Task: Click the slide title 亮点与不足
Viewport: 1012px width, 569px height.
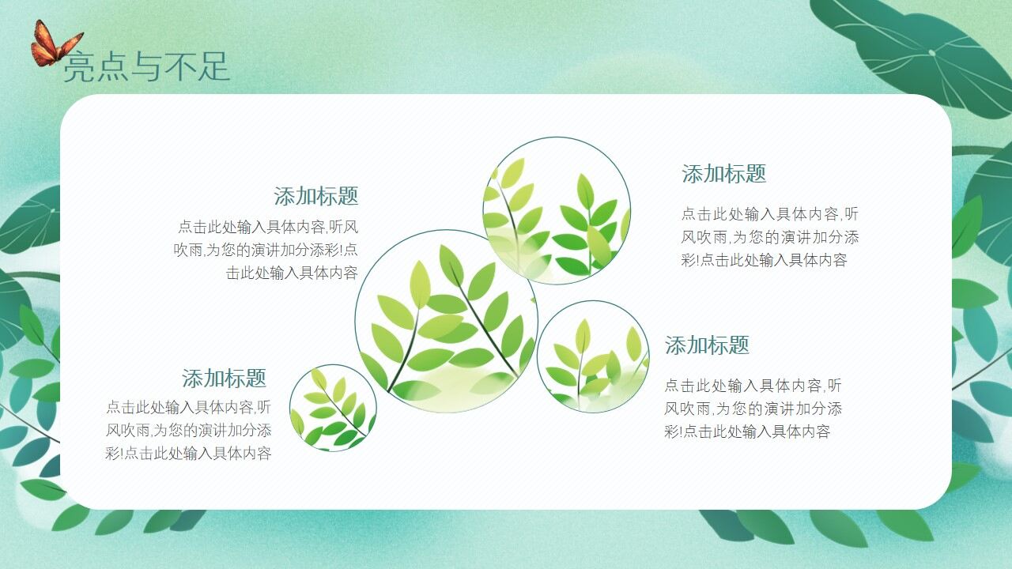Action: point(146,66)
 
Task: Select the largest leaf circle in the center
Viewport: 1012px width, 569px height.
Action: point(446,321)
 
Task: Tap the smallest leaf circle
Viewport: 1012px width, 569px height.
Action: point(333,408)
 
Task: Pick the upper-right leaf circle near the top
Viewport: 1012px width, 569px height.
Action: point(557,210)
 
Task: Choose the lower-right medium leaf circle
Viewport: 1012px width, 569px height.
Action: point(593,356)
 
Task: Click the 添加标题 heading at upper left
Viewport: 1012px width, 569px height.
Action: point(316,196)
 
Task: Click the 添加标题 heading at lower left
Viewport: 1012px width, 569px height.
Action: point(225,378)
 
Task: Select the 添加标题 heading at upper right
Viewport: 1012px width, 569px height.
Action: point(724,174)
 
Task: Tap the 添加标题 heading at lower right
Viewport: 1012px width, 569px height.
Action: point(707,345)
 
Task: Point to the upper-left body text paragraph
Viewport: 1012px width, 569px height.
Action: point(267,250)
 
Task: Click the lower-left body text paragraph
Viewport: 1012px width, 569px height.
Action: point(189,431)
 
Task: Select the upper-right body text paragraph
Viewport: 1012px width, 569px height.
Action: point(769,237)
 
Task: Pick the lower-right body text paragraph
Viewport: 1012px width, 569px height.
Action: point(753,409)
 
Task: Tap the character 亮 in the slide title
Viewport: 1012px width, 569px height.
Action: point(78,67)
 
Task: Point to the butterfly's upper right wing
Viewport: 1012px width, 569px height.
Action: point(70,41)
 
